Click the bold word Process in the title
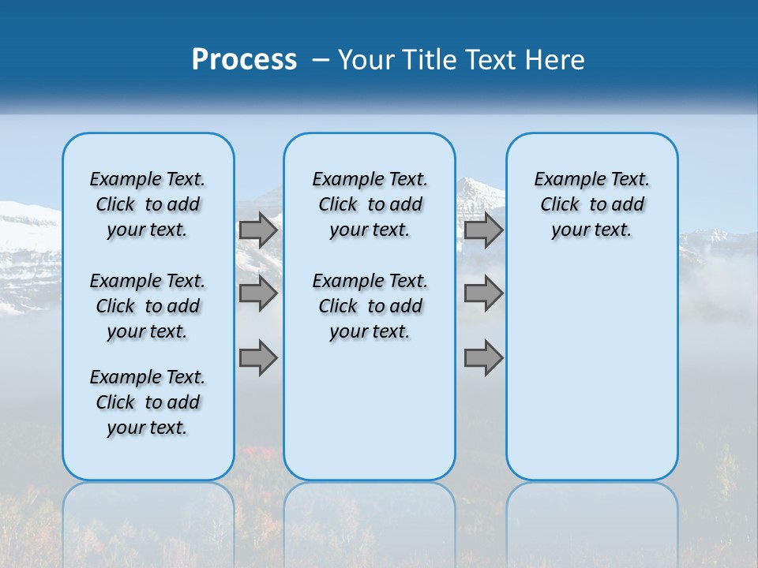[x=244, y=60]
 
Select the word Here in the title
[x=557, y=60]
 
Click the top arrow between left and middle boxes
[x=258, y=230]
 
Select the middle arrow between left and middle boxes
[x=258, y=293]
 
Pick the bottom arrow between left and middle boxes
[x=258, y=358]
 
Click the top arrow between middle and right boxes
[x=484, y=230]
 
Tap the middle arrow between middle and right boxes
[x=484, y=293]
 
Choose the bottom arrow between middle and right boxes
[x=484, y=358]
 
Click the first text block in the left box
[x=148, y=204]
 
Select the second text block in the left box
[x=148, y=306]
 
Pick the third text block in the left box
[x=148, y=402]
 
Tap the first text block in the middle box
[x=370, y=204]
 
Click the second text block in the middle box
[x=370, y=306]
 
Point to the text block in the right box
[x=591, y=204]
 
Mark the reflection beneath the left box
[x=148, y=521]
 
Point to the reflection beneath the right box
[x=591, y=521]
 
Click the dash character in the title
[x=321, y=60]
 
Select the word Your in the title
[x=367, y=60]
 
